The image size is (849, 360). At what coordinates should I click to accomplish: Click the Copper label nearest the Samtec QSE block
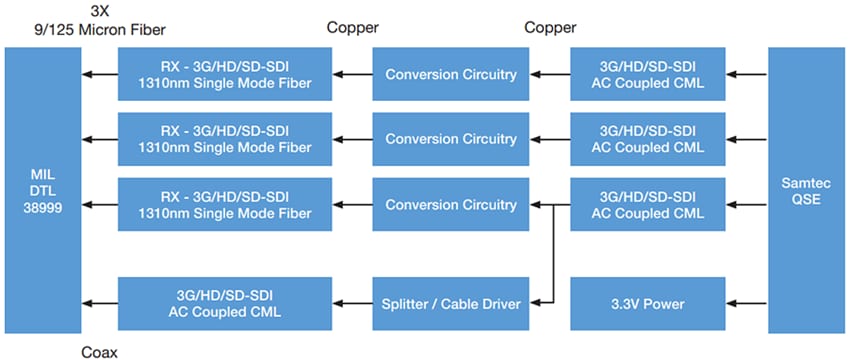[549, 27]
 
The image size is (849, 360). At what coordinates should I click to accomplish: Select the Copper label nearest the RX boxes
[352, 27]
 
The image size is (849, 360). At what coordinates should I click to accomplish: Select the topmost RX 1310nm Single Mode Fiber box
[227, 73]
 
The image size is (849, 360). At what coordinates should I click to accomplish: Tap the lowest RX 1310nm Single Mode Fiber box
[227, 205]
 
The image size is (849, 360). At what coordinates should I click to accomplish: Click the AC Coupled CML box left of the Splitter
[227, 302]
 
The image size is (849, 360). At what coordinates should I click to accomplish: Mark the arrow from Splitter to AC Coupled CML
[353, 302]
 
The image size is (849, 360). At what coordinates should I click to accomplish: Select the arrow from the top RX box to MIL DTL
[100, 73]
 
